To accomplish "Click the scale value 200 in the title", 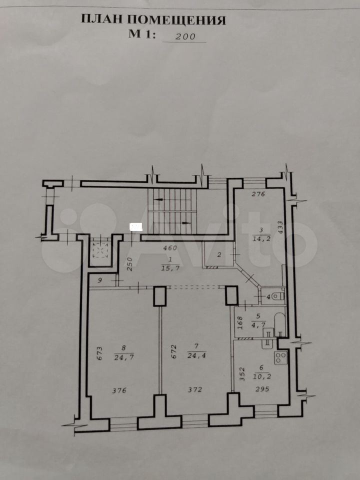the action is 185,36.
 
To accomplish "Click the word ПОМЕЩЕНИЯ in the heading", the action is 176,19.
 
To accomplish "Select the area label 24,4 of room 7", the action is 196,355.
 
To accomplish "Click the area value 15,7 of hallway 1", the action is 170,268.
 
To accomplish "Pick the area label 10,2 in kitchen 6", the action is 261,377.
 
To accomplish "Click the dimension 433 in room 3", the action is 280,228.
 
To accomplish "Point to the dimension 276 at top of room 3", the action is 258,194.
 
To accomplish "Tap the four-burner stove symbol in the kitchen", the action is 280,357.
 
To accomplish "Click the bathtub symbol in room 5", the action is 279,324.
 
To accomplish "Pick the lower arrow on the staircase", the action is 186,223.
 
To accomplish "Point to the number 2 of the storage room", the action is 218,254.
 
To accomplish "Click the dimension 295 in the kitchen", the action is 262,389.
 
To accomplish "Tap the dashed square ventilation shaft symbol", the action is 100,250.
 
